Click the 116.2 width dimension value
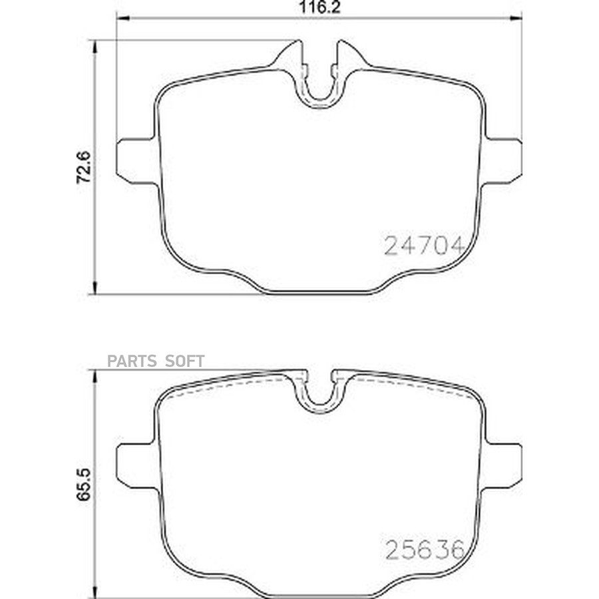[x=319, y=7]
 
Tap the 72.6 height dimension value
[x=84, y=167]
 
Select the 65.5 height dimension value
[x=84, y=484]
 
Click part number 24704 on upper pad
[x=424, y=245]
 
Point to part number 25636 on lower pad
[x=425, y=550]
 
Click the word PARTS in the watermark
[x=132, y=361]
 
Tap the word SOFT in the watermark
[x=185, y=361]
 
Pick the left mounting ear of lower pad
[x=136, y=466]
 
